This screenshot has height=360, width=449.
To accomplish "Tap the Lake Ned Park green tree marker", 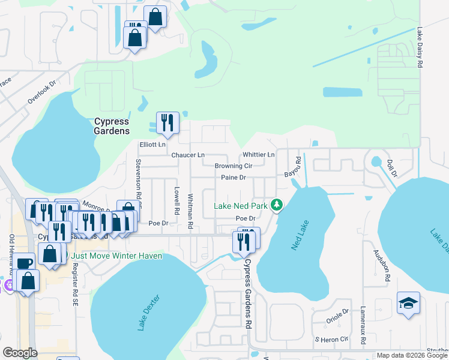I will point(277,205).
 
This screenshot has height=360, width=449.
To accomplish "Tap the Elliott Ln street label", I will point(152,145).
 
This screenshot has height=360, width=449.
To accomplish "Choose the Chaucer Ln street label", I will point(188,155).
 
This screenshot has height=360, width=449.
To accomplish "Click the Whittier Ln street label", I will point(258,155).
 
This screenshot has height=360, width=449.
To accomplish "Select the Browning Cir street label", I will point(234,166).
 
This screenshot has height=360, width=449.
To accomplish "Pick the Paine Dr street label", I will point(234,178).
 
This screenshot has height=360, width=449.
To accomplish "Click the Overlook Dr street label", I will point(41,92).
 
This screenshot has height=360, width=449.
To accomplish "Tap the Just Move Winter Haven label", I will point(117,256).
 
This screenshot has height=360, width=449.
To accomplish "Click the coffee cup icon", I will point(25,262).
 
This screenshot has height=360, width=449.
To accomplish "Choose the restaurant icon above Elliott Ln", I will point(167,122).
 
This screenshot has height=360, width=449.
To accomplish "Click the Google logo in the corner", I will point(20,353).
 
